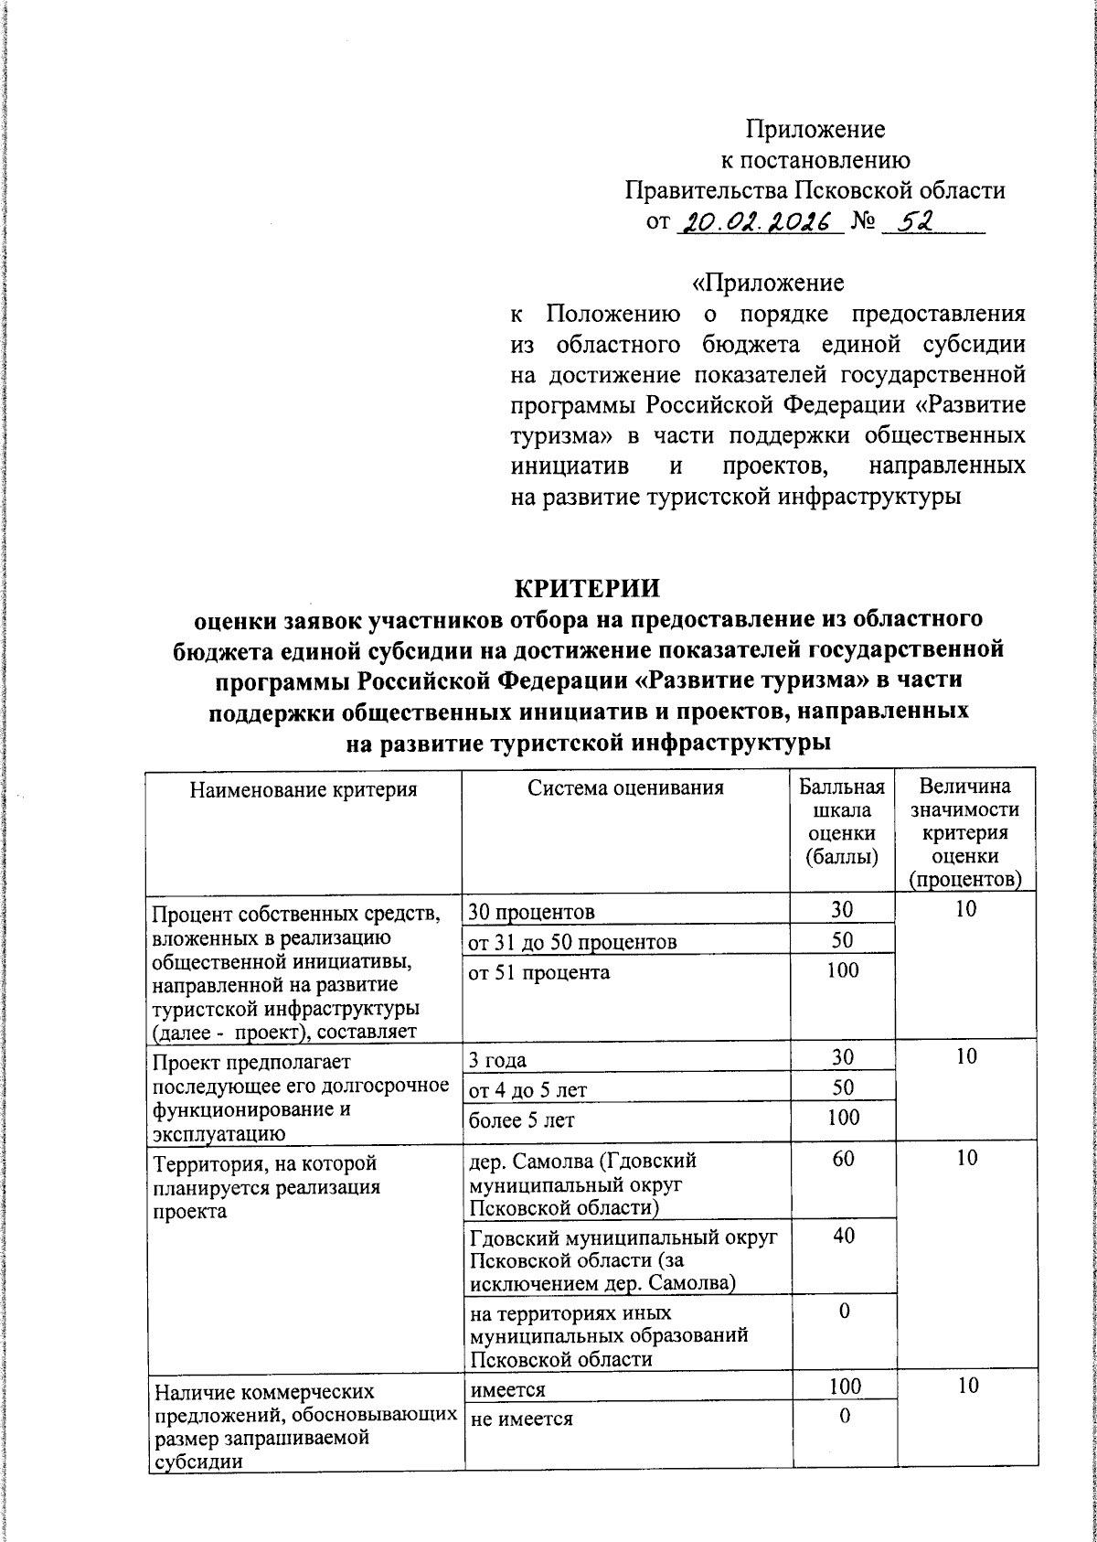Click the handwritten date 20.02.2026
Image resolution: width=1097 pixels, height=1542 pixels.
click(757, 222)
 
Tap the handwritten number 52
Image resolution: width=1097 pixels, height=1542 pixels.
click(912, 222)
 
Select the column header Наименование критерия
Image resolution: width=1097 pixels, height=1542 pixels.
click(304, 789)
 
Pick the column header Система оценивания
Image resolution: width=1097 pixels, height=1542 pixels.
click(625, 787)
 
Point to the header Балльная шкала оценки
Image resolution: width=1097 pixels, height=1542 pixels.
click(842, 821)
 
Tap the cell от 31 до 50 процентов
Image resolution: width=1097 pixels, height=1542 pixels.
click(572, 942)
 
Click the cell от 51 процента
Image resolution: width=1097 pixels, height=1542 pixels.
click(538, 972)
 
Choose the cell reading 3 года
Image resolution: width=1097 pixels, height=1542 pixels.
click(497, 1060)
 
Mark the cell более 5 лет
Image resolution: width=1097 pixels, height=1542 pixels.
click(522, 1119)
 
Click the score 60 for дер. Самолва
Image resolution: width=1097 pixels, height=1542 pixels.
click(844, 1158)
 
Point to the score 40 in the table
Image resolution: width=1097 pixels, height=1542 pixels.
click(844, 1236)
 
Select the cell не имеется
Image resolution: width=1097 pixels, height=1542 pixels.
click(521, 1419)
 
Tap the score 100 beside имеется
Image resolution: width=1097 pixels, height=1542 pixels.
click(845, 1386)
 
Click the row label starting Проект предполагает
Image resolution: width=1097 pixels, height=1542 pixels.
click(301, 1098)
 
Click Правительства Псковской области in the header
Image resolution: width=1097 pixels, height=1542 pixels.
click(815, 191)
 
